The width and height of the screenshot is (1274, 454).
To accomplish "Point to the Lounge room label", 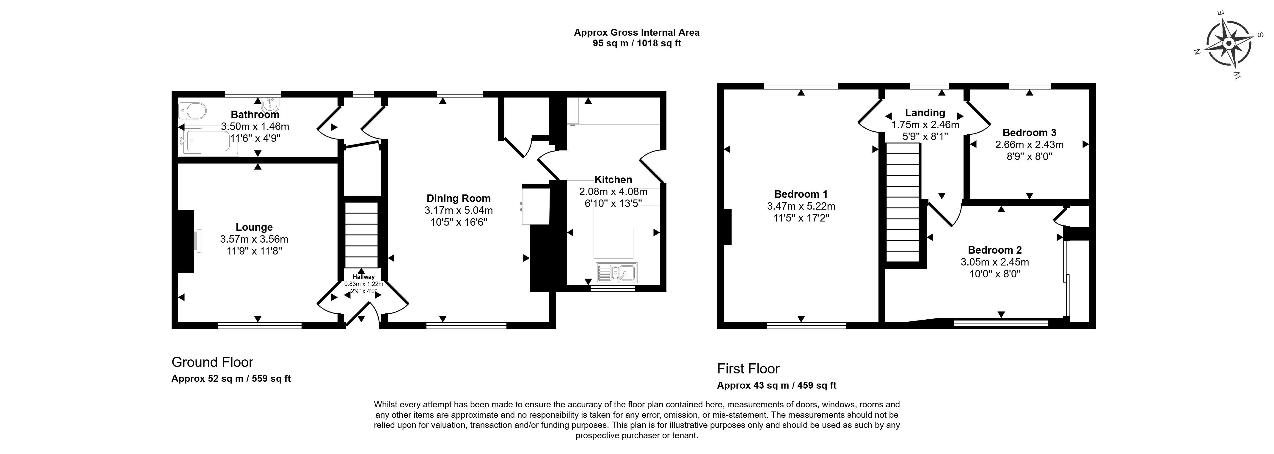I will point(254,227).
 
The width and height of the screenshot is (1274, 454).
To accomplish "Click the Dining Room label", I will point(459,198).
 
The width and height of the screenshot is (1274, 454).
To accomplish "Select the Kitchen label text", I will point(613,180).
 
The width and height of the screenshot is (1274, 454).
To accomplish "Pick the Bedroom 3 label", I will point(1029,133).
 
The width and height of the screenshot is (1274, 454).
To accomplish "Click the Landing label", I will point(925,113).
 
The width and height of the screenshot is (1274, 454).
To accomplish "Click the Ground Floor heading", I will point(212,362).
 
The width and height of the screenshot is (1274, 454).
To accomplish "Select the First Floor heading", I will point(748,368).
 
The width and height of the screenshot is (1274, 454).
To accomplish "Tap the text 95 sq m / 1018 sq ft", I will point(636,43).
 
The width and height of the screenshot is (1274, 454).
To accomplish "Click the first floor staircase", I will point(903,203).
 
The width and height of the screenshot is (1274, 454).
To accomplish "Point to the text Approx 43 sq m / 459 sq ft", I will point(776,385).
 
